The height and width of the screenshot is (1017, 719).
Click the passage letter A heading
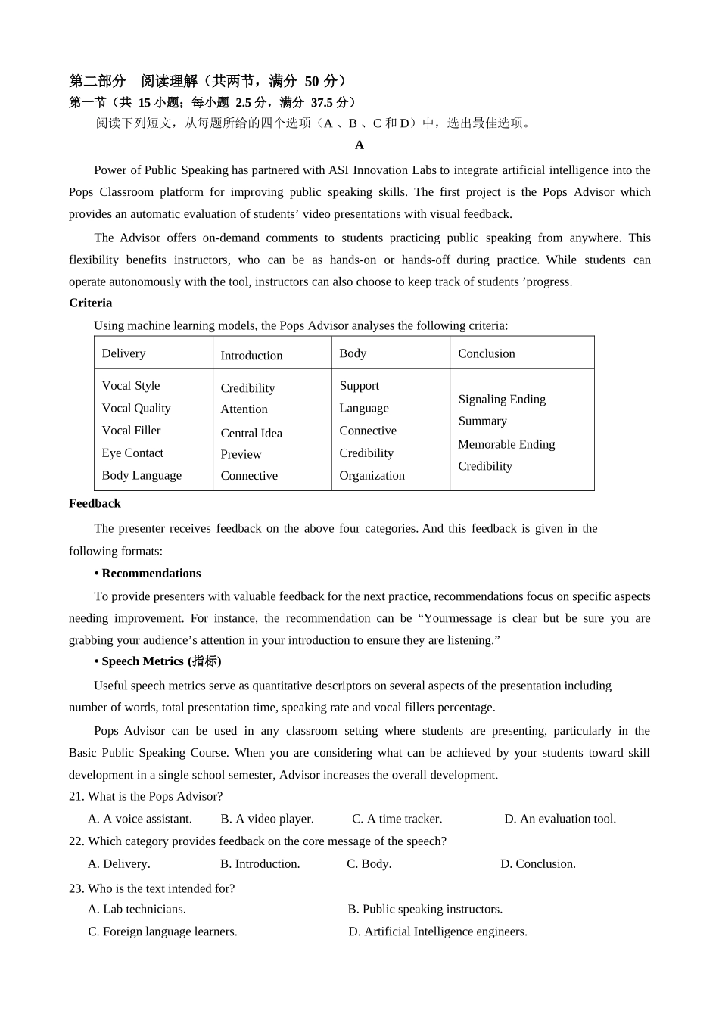pos(359,145)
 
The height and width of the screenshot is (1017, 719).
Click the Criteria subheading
pos(90,303)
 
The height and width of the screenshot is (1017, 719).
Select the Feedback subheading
pos(95,503)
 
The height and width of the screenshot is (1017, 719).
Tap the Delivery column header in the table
pos(123,353)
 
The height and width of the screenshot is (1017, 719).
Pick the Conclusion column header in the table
pos(486,353)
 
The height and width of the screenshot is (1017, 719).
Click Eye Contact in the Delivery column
pos(132,453)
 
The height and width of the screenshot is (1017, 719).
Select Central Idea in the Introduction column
pos(251,433)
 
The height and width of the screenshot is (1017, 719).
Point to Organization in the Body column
pos(372,475)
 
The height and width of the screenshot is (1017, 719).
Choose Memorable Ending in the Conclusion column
pos(506,444)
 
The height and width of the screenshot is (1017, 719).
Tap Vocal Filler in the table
pos(131,430)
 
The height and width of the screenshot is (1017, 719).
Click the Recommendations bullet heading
pos(148,573)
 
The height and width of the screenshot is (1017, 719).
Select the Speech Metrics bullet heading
pos(158,661)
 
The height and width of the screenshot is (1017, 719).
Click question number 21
pos(76,796)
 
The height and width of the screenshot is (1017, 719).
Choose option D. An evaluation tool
pos(560,819)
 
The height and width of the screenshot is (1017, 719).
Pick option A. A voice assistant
pos(140,819)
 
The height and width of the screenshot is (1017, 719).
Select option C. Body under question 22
pos(369,863)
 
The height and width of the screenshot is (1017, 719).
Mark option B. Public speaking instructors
pos(425,909)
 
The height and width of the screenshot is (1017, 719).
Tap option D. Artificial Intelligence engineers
pos(437,931)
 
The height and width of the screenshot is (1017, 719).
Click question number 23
pos(76,888)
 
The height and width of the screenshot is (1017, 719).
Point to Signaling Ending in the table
pos(502,399)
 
